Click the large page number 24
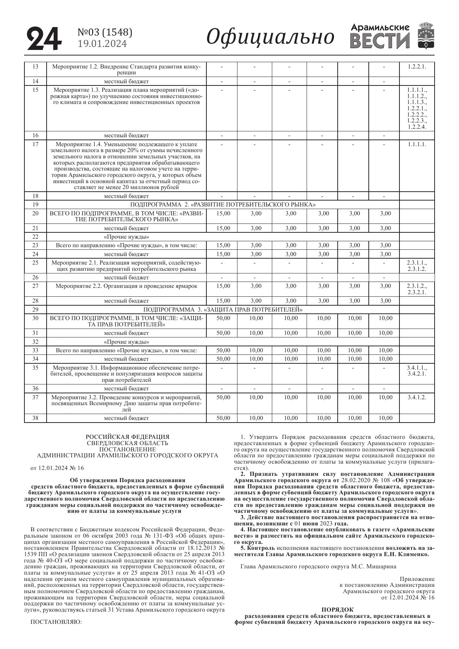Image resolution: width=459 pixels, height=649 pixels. (44, 38)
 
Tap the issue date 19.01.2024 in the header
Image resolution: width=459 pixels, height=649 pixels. (102, 44)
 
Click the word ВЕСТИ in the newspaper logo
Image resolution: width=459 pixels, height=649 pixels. (380, 41)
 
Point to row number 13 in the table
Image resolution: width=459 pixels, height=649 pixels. (35, 67)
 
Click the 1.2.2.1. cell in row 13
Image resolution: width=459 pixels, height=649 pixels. (417, 67)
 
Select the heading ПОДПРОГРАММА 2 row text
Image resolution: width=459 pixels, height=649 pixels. (223, 205)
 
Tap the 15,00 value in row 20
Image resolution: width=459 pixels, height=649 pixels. (223, 213)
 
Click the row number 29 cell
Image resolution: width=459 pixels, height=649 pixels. (35, 309)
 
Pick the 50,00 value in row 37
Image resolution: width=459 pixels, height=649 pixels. (223, 397)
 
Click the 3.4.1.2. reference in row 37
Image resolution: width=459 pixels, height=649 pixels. (417, 397)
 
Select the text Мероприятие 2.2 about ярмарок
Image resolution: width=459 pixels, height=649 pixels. (126, 286)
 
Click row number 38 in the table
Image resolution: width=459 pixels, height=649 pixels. (35, 418)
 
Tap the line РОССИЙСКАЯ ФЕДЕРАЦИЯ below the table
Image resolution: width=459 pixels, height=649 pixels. (128, 437)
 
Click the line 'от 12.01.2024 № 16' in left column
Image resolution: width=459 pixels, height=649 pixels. (57, 468)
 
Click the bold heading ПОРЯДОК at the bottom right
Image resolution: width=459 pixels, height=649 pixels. (337, 609)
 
